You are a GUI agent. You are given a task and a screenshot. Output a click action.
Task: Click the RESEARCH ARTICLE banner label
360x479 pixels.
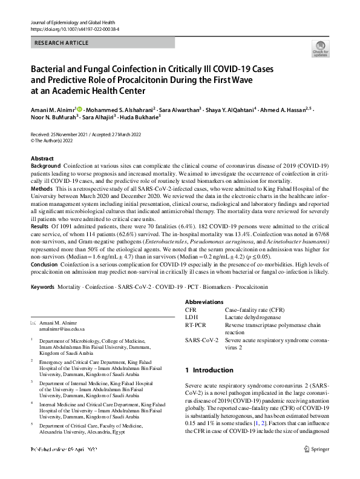pos(62,43)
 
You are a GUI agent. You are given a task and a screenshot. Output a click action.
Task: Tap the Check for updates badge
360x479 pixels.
pos(321,49)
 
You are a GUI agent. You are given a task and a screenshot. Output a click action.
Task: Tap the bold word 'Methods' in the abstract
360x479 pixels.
pos(41,190)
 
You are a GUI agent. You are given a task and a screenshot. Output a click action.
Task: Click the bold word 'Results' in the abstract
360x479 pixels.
pos(40,226)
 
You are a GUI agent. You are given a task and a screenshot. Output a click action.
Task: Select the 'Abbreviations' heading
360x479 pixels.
pos(204,302)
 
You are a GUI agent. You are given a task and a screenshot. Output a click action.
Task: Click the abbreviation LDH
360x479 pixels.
pos(191,317)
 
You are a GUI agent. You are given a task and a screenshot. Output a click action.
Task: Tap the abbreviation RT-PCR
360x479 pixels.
pos(195,325)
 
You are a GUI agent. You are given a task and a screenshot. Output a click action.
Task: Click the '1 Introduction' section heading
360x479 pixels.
pos(209,370)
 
